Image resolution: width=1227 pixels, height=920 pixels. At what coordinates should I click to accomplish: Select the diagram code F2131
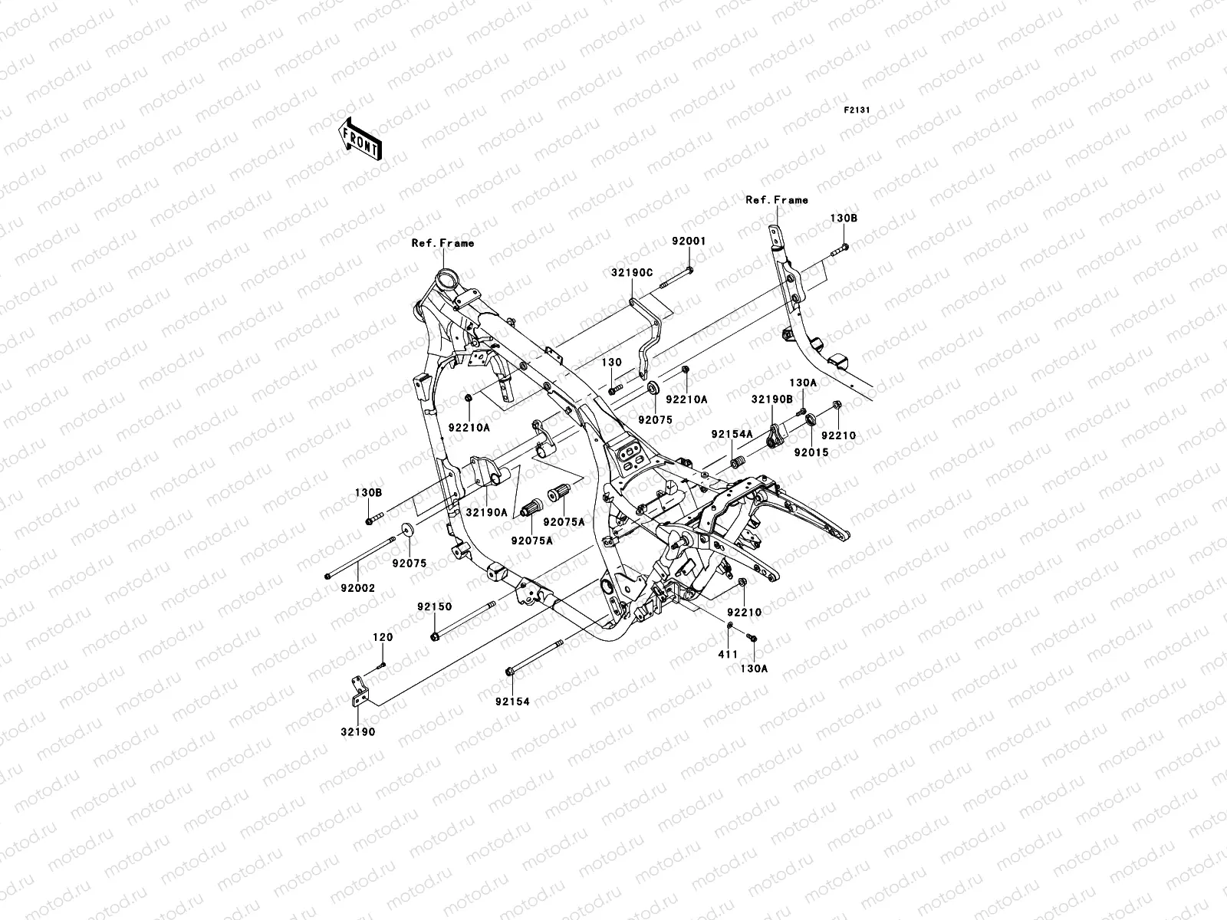click(x=857, y=110)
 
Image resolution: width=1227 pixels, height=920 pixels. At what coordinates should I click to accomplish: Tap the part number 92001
click(x=689, y=241)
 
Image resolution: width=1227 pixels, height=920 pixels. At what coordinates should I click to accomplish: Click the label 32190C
click(x=632, y=272)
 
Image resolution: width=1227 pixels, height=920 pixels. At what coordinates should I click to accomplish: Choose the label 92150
click(x=434, y=606)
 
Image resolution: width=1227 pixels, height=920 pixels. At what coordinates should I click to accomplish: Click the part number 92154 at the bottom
click(x=512, y=701)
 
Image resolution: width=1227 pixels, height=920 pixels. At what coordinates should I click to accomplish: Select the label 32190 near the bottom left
click(x=358, y=731)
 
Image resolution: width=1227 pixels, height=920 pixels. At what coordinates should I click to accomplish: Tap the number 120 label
click(x=383, y=637)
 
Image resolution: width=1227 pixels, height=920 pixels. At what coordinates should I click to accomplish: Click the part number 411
click(x=727, y=654)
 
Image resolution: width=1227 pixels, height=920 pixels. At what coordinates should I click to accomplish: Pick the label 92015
click(x=811, y=452)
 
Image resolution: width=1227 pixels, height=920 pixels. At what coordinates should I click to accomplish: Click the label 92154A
click(x=732, y=434)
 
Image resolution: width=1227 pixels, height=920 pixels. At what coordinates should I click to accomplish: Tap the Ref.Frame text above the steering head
click(x=442, y=243)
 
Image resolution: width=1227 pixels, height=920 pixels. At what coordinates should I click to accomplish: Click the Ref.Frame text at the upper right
click(x=777, y=200)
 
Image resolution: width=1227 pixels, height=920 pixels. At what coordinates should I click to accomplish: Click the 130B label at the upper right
click(x=844, y=218)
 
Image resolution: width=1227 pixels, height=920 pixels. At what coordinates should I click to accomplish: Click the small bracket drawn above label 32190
click(x=361, y=688)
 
